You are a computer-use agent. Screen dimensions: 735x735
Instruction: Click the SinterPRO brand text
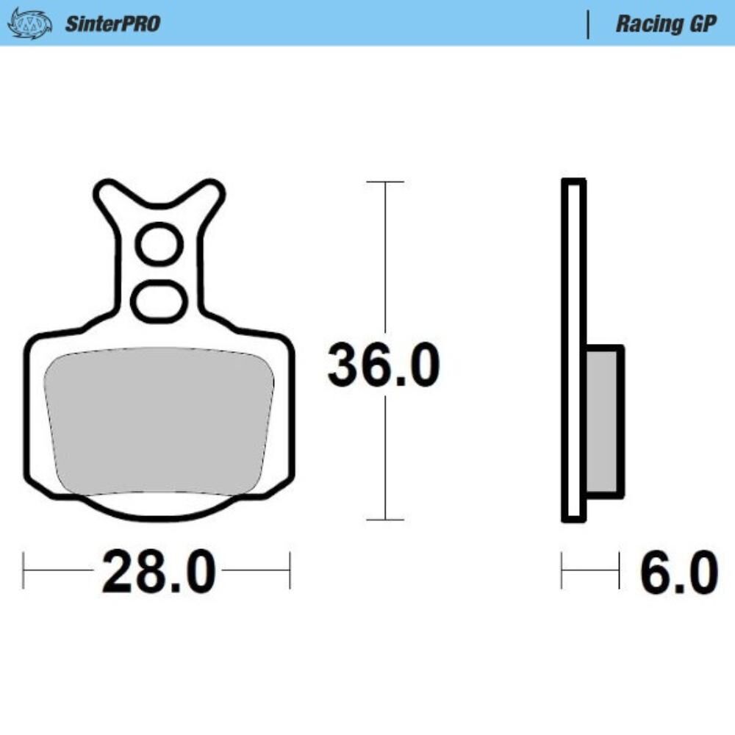point(112,24)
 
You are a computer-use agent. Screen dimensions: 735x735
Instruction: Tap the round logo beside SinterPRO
point(29,24)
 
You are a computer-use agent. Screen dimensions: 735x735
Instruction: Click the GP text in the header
point(701,24)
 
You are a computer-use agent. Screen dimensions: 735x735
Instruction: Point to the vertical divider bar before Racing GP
point(588,24)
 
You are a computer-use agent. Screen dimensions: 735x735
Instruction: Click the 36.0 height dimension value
point(383,366)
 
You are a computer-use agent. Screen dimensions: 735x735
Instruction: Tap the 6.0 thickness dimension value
point(678,573)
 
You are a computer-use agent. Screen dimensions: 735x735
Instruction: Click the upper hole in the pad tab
point(159,245)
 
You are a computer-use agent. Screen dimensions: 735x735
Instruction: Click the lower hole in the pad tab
point(159,299)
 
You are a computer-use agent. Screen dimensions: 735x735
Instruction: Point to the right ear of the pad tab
point(209,196)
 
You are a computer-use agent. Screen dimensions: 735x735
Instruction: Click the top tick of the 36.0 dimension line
point(385,182)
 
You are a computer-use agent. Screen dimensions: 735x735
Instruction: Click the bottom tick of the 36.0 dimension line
point(385,520)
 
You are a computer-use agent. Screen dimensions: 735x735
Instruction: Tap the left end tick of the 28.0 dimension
point(24,570)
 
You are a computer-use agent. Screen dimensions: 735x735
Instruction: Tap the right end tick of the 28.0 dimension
point(290,570)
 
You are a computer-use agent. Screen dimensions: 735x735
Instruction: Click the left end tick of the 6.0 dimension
point(562,570)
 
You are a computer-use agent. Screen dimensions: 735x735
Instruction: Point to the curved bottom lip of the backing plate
point(159,513)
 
